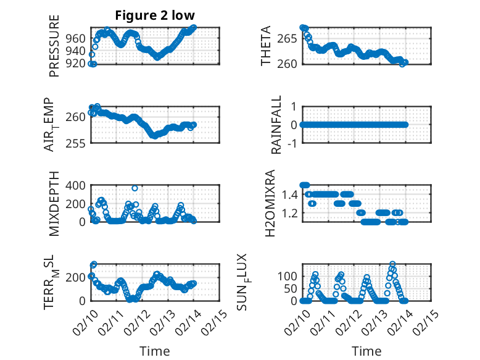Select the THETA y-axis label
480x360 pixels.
click(266, 46)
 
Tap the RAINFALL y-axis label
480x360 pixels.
click(277, 125)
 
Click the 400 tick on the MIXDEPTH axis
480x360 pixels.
click(75, 185)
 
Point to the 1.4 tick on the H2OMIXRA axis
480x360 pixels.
click(289, 195)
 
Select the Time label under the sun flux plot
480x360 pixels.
click(366, 351)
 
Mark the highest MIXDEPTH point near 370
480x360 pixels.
click(134, 188)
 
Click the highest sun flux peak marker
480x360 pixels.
click(392, 264)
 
